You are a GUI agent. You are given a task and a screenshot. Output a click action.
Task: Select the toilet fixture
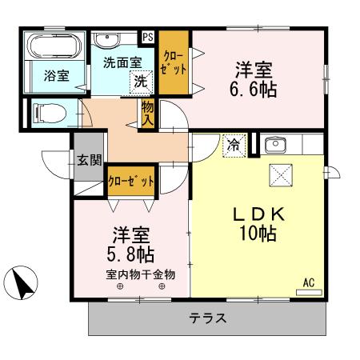pyautogui.click(x=48, y=114)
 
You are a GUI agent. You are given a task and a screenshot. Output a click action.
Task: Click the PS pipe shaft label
pyautogui.click(x=147, y=37)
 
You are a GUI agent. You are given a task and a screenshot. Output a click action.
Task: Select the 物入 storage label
pyautogui.click(x=148, y=112)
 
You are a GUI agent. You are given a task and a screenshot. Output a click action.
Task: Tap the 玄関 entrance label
pyautogui.click(x=89, y=159)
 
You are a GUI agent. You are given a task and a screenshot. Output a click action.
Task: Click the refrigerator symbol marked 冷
pyautogui.click(x=233, y=146)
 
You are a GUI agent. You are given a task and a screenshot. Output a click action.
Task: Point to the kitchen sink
pyautogui.click(x=275, y=146)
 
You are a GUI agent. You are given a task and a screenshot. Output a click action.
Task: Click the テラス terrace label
pyautogui.click(x=208, y=318)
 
